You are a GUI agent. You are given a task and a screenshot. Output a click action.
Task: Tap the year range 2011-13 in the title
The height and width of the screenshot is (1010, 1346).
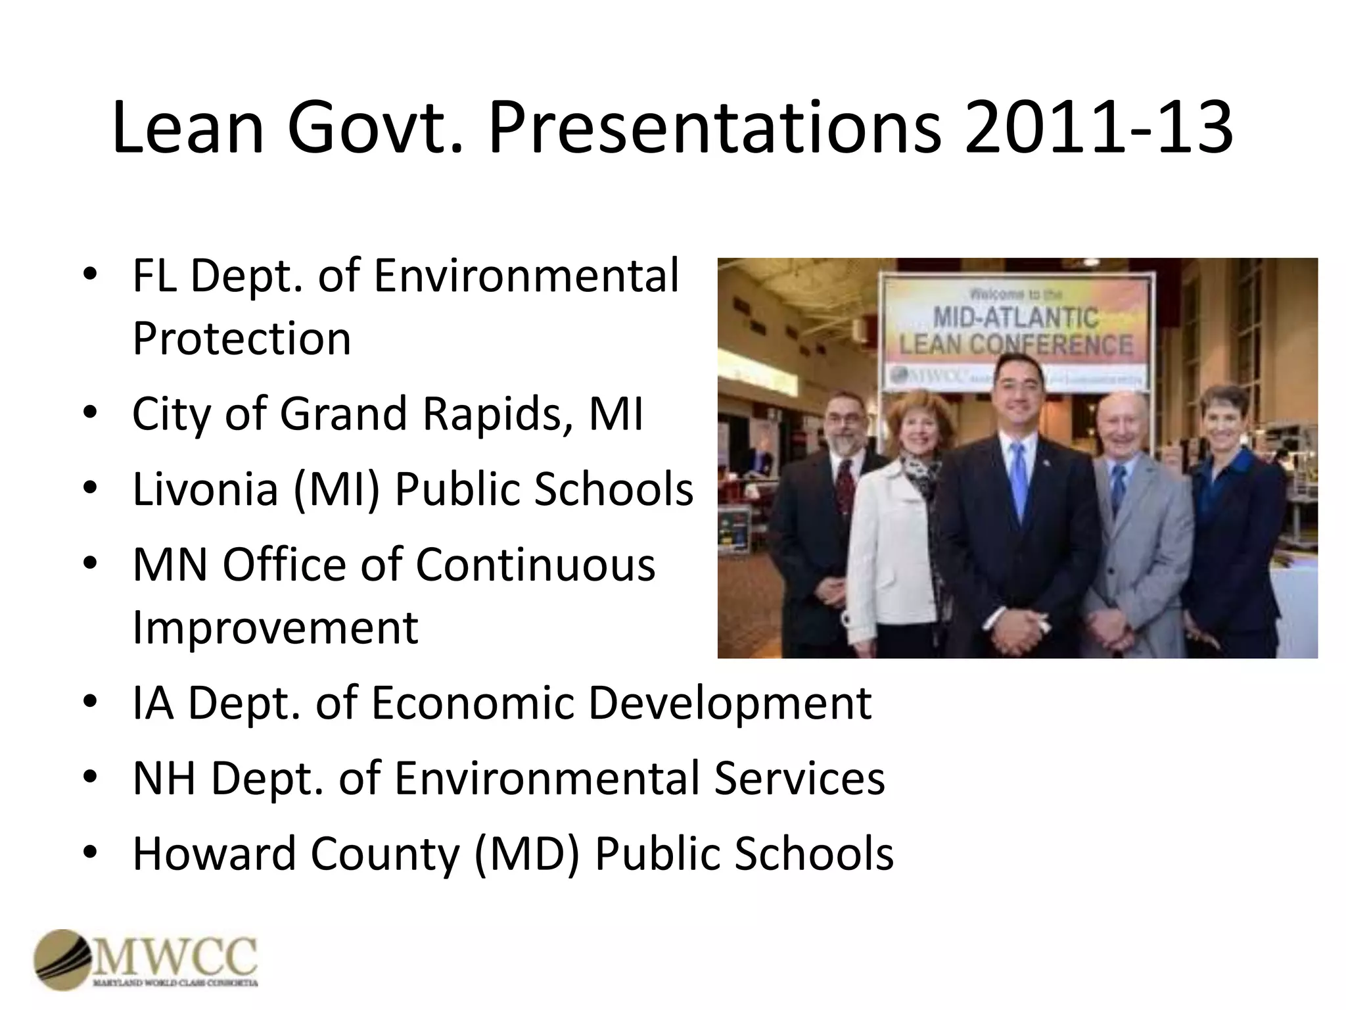point(1098,128)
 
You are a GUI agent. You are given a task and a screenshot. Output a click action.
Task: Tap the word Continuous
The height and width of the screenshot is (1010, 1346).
point(536,564)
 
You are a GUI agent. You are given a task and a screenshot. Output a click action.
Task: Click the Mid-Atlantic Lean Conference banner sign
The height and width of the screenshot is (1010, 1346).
point(1016,332)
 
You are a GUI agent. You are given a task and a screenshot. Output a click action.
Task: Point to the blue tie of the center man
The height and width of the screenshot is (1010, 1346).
point(1018,480)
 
